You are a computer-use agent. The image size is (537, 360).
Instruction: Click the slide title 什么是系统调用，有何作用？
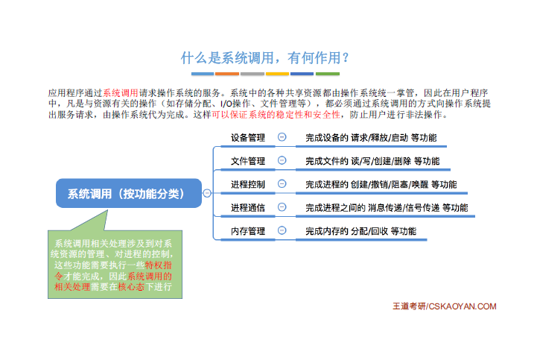point(264,58)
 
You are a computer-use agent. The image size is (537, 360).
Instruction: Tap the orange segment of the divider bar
point(227,74)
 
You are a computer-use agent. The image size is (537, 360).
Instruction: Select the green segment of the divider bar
point(328,74)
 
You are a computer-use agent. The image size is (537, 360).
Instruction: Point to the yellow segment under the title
point(277,74)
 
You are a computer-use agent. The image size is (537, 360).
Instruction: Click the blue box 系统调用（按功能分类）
point(129,193)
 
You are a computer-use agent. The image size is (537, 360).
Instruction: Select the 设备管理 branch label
point(247,138)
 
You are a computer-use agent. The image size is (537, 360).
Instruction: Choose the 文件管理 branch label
point(247,161)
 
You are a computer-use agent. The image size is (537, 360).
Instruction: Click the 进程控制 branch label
point(247,184)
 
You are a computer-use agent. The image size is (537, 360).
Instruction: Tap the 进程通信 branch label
point(247,208)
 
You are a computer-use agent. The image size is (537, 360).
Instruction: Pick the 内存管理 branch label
point(247,231)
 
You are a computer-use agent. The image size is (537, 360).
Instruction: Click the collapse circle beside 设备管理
point(282,137)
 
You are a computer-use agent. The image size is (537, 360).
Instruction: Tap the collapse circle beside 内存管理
point(282,230)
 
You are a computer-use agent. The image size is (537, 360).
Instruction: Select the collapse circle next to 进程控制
point(282,184)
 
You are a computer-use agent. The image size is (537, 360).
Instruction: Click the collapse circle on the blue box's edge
point(207,193)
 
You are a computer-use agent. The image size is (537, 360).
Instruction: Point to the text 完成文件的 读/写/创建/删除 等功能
point(372,161)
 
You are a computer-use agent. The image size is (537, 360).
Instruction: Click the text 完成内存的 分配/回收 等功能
point(360,231)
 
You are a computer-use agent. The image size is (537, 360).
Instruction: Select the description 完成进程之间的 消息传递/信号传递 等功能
point(387,208)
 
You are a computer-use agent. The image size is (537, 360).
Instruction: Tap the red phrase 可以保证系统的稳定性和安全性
point(276,115)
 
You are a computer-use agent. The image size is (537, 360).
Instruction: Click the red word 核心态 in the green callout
point(131,287)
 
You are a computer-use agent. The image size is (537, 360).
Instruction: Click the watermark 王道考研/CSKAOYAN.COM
point(444,306)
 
